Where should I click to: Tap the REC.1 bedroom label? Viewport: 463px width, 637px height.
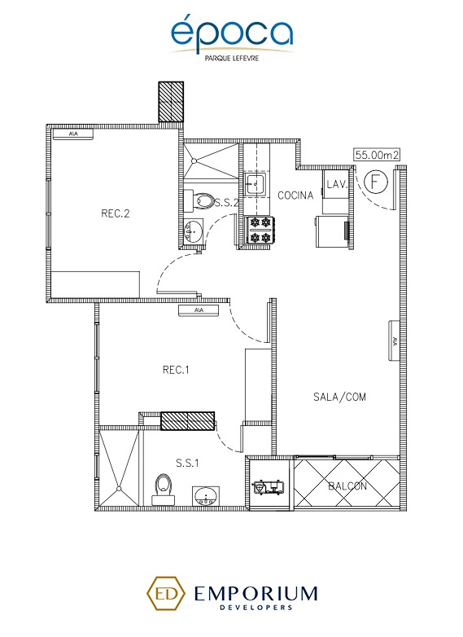[176, 370]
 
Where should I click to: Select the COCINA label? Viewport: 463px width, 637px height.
[296, 195]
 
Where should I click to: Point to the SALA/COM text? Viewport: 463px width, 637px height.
[339, 397]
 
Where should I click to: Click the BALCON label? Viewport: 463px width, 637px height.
[348, 486]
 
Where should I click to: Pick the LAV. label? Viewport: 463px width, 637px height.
[337, 185]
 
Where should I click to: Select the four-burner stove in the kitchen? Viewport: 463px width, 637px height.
[260, 230]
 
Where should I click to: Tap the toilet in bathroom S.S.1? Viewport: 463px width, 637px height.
[162, 490]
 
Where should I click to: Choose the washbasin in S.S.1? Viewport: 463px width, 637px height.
[206, 495]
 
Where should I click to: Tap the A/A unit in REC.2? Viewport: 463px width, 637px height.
[73, 134]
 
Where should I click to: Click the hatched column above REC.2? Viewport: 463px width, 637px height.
[169, 102]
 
